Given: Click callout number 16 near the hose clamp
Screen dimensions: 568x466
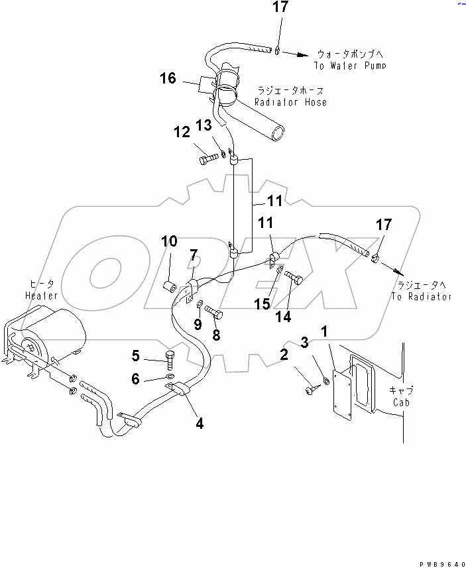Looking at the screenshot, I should tap(167, 79).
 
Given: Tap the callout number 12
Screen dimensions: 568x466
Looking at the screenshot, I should tap(182, 133).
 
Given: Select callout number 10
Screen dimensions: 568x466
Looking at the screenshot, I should tap(170, 241).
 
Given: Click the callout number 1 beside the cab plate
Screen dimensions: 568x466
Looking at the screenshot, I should tap(324, 330).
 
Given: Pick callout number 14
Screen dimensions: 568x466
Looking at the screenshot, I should tap(284, 317).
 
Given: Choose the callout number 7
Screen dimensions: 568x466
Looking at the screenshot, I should tap(193, 255).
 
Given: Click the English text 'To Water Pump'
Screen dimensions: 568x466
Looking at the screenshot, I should tap(349, 66).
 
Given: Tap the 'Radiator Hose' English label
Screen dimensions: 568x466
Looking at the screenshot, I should tap(290, 102).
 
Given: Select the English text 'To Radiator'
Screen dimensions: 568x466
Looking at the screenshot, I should tap(421, 296).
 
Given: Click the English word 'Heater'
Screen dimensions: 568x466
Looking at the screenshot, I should tap(42, 295).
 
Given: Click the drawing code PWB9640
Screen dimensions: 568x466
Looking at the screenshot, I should tap(438, 562).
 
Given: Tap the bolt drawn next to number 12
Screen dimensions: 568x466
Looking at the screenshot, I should tap(207, 159).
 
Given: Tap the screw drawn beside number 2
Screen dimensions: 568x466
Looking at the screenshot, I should tap(310, 391).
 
